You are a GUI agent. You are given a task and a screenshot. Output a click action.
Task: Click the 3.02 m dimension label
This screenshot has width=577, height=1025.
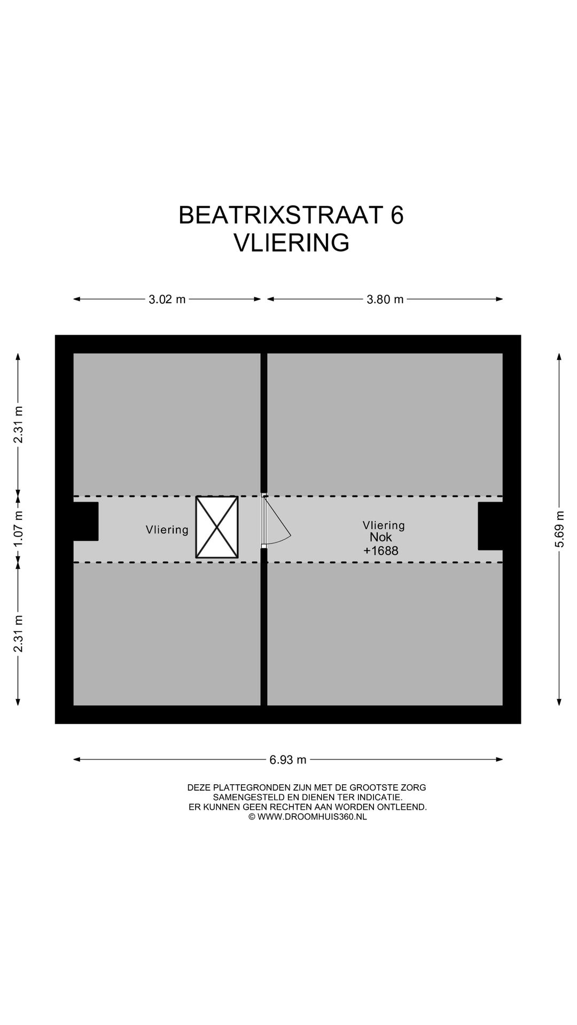point(167,299)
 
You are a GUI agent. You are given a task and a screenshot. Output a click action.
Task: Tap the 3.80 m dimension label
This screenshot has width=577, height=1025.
point(385,299)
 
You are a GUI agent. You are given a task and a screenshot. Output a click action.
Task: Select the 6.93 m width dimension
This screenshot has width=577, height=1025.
point(288,760)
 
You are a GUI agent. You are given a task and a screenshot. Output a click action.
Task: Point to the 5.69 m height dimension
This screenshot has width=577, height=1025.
point(559,529)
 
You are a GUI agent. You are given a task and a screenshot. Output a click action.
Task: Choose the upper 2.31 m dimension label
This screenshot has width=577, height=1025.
point(19,424)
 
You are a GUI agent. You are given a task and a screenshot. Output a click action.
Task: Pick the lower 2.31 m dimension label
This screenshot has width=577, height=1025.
point(19,633)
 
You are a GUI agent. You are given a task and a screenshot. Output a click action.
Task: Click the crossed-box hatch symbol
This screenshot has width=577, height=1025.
point(217,527)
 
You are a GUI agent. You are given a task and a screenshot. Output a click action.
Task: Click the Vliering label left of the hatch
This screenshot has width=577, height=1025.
point(167,530)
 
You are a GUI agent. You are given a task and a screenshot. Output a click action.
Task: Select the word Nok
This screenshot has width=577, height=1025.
point(380,538)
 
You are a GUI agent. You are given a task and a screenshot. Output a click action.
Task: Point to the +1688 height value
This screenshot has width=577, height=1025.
point(381,551)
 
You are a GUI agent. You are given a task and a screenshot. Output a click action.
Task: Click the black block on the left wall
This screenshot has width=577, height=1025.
point(85,521)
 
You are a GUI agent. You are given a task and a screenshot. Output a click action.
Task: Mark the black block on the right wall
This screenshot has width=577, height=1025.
point(490,526)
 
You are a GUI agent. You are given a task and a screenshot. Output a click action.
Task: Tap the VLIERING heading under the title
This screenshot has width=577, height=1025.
point(292,243)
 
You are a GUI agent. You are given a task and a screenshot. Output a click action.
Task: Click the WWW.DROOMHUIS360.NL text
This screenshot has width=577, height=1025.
point(311,817)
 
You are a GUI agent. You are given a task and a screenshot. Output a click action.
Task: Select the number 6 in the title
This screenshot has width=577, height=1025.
point(397,215)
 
